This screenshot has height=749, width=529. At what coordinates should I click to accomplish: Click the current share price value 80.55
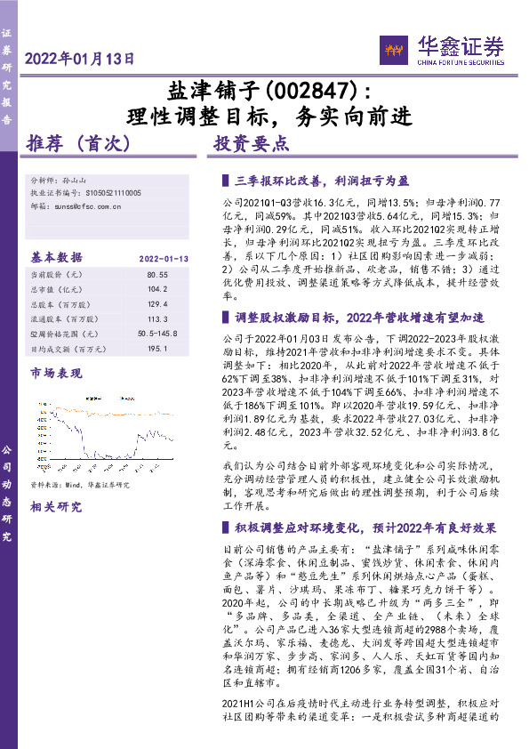click(x=157, y=276)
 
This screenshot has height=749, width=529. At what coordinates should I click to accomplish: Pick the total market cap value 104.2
click(x=157, y=290)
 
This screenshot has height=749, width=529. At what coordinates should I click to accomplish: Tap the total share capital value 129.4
click(x=157, y=304)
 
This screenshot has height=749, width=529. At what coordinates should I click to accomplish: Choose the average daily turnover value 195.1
click(x=157, y=348)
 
